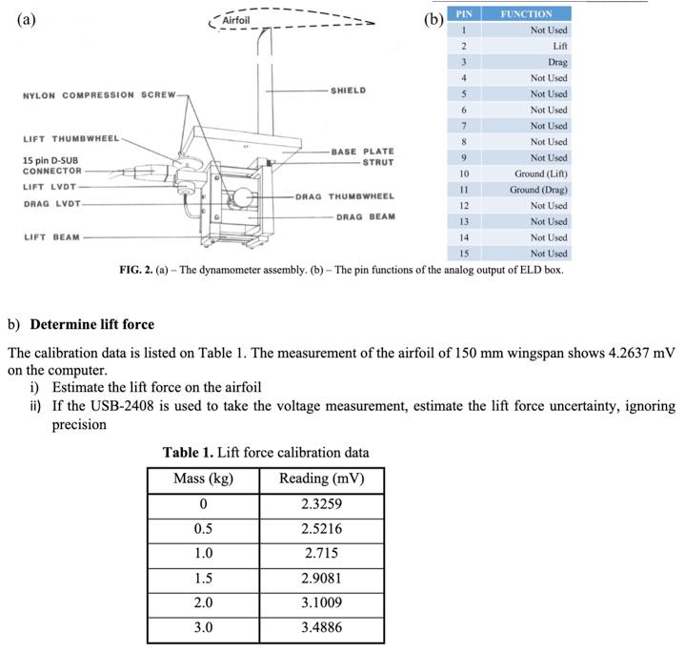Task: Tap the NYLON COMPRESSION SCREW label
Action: point(98,95)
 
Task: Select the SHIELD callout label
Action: point(348,91)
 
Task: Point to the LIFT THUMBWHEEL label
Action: point(71,139)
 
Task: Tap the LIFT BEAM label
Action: point(52,237)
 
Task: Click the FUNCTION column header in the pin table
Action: point(526,14)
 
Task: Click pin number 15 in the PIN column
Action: point(463,254)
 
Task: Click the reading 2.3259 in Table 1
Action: point(320,503)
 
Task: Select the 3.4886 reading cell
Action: point(320,627)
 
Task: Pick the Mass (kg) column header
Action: point(202,478)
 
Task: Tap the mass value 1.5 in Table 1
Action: point(202,578)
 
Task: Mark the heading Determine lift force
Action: point(91,324)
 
